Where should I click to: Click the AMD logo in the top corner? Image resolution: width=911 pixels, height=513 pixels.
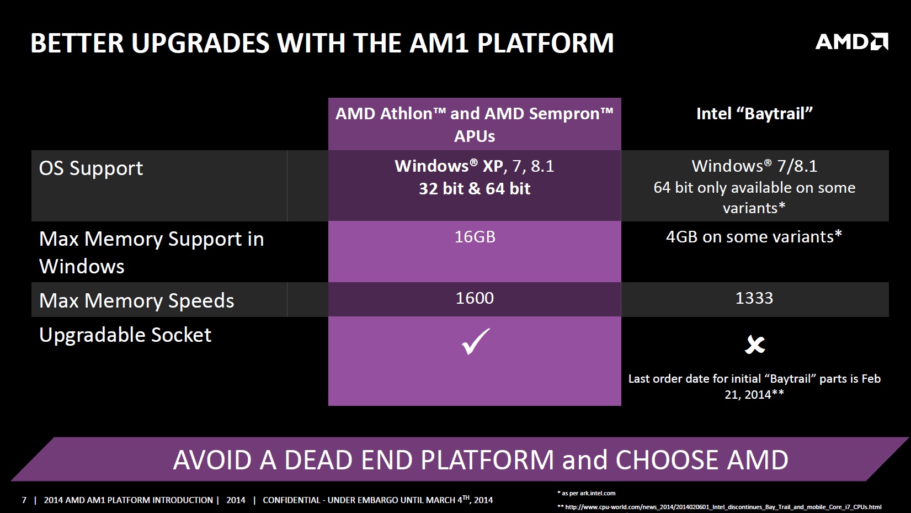[851, 42]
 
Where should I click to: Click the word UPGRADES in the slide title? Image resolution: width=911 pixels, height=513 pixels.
[200, 43]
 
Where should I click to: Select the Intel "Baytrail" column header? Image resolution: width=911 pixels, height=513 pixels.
[754, 114]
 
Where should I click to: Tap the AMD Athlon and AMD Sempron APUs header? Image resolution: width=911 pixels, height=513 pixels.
[475, 124]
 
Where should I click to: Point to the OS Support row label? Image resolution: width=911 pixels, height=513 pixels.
[91, 168]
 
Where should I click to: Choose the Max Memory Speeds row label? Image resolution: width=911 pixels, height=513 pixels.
[137, 300]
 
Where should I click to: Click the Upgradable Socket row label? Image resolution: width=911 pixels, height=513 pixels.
[125, 335]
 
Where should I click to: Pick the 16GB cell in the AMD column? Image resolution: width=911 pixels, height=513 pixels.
[475, 236]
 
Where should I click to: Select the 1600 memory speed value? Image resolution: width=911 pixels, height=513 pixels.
[475, 298]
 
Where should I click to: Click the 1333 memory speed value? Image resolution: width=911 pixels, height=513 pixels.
[754, 298]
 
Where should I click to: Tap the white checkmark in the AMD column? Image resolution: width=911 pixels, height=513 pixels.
[476, 342]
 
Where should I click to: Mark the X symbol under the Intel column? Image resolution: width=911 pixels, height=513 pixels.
[755, 345]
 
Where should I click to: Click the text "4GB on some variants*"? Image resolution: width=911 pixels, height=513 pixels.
[754, 236]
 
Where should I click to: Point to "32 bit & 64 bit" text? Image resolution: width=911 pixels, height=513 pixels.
[475, 189]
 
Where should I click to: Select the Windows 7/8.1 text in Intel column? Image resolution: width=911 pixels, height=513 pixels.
[754, 166]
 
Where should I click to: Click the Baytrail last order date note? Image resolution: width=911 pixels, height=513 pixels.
[754, 387]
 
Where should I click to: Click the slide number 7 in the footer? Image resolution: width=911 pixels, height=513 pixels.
[24, 500]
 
